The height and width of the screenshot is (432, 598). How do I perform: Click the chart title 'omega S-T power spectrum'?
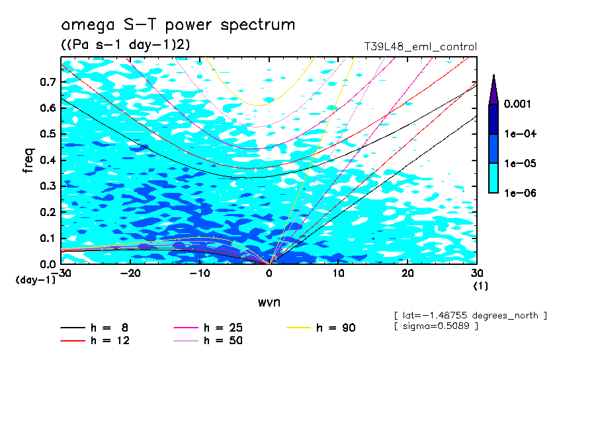178,26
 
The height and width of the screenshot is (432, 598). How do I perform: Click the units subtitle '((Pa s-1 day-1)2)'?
126,45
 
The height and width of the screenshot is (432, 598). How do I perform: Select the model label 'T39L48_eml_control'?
420,47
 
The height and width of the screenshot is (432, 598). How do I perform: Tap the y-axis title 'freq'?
28,161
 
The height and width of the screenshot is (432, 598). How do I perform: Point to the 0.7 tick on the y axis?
47,82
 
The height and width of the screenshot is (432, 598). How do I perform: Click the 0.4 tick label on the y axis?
47,161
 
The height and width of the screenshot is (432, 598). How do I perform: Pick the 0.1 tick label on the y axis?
47,238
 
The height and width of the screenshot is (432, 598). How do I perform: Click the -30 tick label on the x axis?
63,273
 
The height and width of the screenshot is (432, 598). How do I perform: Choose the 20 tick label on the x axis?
407,273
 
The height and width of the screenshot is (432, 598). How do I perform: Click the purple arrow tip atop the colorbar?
493,86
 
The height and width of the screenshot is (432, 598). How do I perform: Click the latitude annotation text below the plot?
470,315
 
